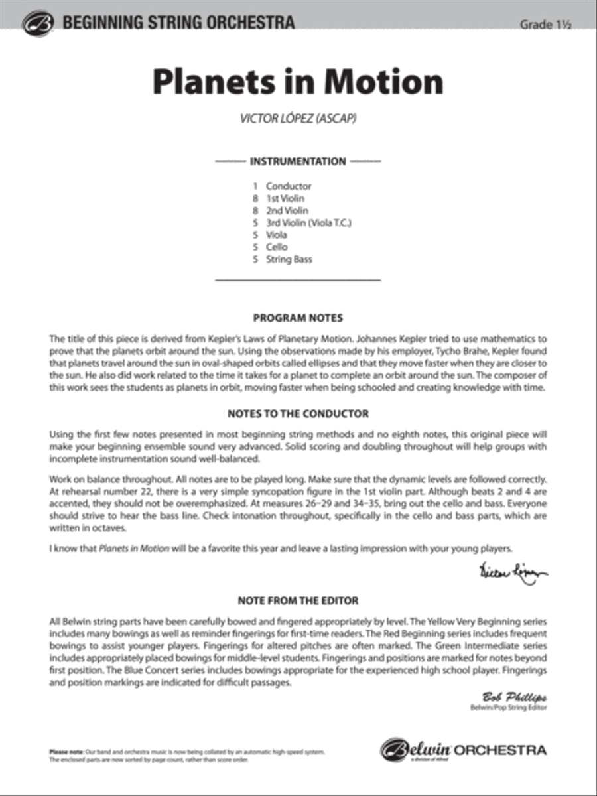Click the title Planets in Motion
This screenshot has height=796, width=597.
(298, 82)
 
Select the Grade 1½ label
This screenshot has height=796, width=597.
(545, 25)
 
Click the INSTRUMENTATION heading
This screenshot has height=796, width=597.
(298, 161)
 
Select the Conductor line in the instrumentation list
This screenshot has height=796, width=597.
(288, 186)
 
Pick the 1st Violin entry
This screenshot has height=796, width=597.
(285, 198)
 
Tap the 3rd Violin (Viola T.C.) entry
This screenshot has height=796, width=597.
(308, 223)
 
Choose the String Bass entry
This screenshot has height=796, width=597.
(289, 259)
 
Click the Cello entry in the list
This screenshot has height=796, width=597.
(277, 247)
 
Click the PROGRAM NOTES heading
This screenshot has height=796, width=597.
(298, 318)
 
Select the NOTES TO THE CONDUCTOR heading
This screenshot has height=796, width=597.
(298, 413)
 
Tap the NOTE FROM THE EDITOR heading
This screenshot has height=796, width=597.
(298, 601)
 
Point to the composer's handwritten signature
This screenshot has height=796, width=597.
(512, 572)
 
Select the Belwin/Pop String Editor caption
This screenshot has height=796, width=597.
(508, 708)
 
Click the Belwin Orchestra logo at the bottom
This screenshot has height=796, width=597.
(464, 750)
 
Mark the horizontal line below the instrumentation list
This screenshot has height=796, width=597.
(298, 281)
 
